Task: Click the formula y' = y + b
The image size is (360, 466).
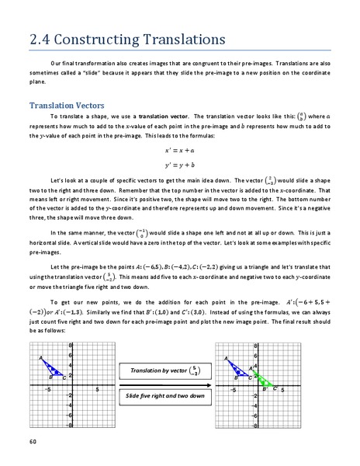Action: point(180,165)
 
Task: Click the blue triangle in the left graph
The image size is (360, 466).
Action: point(53,367)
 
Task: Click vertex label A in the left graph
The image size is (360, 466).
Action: point(40,358)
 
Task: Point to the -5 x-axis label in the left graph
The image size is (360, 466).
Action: point(47,388)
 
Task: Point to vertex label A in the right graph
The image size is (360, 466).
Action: point(226,358)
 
